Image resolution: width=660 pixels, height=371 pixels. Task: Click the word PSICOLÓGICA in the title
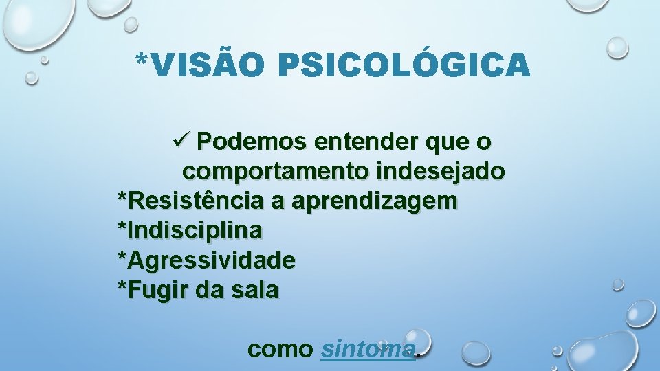404,65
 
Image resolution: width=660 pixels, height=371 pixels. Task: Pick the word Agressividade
210,260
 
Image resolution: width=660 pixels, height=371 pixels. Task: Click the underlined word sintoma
368,349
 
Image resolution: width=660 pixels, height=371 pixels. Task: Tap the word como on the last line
280,350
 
